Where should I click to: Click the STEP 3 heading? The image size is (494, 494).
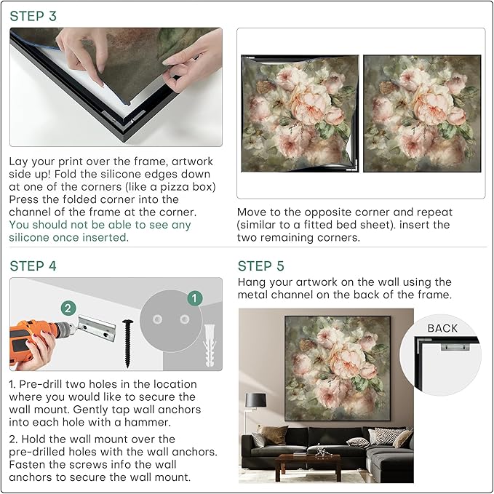click(33, 15)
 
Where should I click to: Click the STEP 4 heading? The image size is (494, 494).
click(33, 266)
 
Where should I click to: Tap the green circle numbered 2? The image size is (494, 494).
click(68, 308)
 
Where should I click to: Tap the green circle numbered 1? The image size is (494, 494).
click(194, 298)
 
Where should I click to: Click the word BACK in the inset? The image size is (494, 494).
click(442, 328)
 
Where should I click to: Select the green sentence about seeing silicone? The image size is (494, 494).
click(100, 231)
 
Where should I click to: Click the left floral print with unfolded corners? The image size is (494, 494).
click(299, 113)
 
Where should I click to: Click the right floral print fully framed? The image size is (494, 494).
click(421, 113)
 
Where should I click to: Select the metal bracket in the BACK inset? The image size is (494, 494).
click(452, 348)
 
